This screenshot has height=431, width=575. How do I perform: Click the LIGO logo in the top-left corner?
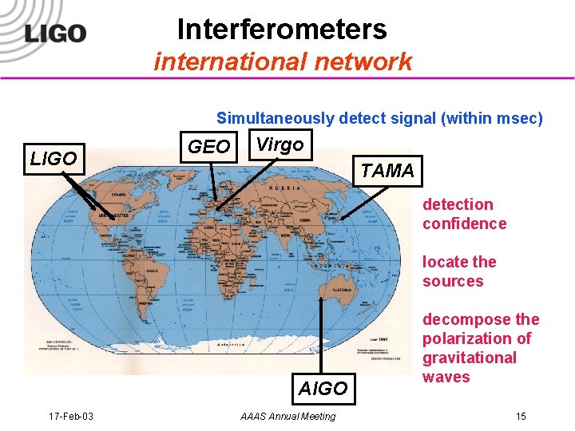tap(54, 33)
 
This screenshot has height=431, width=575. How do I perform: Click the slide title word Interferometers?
tap(282, 30)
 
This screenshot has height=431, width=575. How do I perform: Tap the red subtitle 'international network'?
tap(283, 61)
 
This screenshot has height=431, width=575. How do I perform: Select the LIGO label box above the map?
tap(54, 159)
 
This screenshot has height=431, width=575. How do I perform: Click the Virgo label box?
tap(280, 144)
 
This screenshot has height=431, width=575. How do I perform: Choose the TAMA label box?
tap(387, 171)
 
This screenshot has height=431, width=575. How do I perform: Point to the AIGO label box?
tap(323, 389)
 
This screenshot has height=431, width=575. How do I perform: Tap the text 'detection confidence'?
tap(464, 214)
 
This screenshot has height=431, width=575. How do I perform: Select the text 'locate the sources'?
tap(459, 271)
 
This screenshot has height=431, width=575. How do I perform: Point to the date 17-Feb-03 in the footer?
tap(71, 416)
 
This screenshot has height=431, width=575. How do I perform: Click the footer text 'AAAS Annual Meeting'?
tap(287, 416)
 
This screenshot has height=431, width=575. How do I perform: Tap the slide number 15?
tap(521, 416)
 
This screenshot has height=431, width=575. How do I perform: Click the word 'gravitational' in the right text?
tap(470, 358)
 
